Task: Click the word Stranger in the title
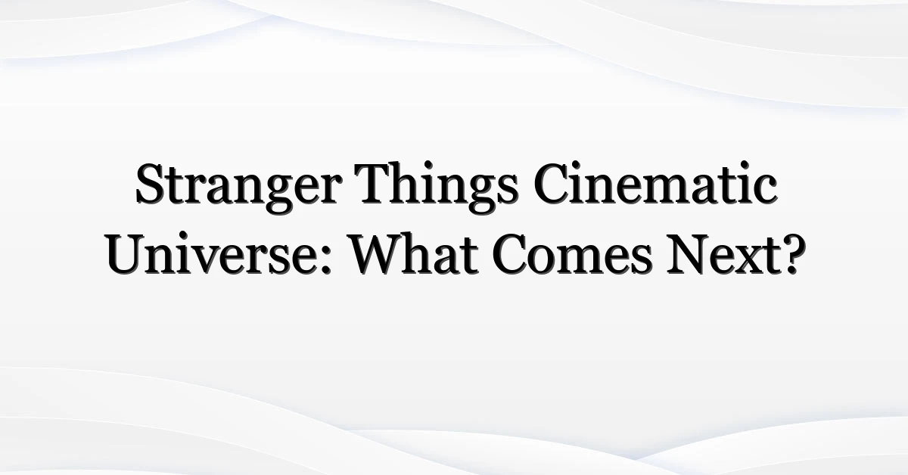(x=238, y=188)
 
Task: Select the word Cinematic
(x=655, y=182)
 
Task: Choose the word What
(x=414, y=253)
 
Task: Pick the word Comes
(x=572, y=256)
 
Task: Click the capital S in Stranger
(x=150, y=183)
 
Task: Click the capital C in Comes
(x=508, y=255)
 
